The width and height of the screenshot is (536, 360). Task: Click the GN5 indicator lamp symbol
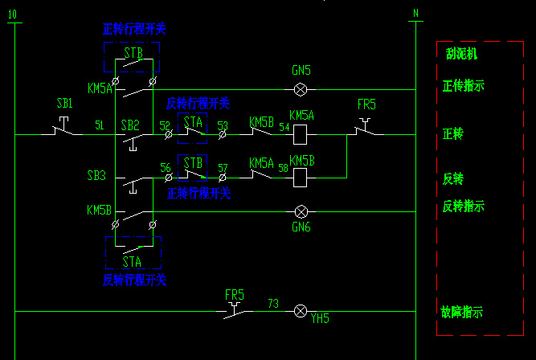301,89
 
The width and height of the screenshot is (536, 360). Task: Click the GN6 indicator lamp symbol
301,212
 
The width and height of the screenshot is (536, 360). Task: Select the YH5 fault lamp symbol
301,310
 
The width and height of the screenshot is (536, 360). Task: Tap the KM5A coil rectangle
301,134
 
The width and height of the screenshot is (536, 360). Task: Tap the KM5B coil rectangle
301,178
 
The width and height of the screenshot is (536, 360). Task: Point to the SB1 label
64,104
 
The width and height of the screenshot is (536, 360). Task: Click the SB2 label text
130,125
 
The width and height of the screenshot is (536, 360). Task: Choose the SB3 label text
97,174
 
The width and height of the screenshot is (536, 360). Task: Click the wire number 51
100,125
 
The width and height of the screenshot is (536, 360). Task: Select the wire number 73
273,303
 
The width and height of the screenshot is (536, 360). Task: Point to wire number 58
283,168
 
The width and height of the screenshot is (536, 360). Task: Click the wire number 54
283,125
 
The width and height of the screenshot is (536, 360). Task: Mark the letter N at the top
415,14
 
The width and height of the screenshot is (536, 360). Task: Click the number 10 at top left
11,14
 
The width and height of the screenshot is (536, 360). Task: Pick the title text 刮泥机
461,54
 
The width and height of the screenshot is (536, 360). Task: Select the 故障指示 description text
462,311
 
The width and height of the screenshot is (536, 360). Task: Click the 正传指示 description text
463,85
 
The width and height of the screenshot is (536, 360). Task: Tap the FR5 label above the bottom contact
235,294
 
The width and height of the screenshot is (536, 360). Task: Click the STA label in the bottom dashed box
133,261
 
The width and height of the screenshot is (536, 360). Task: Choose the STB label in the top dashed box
133,53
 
